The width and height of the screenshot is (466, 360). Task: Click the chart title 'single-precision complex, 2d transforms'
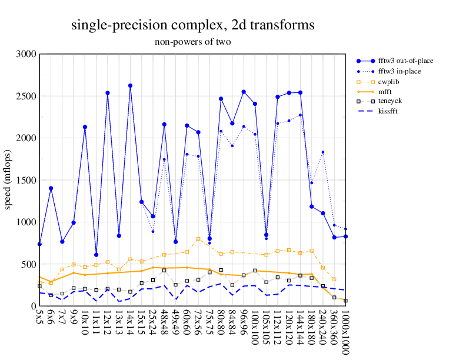tap(192, 25)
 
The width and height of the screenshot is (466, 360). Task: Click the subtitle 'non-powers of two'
tap(192, 42)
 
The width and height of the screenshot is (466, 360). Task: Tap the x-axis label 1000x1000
tap(345, 332)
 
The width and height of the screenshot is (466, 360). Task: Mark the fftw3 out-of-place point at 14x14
tap(130, 86)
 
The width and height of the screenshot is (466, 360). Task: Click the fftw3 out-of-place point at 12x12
tap(108, 93)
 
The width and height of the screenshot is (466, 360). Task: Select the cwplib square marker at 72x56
tap(198, 239)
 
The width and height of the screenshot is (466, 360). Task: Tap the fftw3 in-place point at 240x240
tap(323, 152)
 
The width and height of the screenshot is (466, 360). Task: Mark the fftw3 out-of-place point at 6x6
tap(51, 188)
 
